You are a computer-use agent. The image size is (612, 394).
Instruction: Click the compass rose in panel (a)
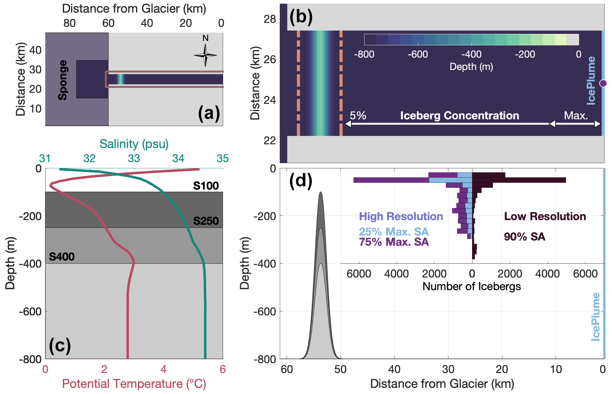point(205,55)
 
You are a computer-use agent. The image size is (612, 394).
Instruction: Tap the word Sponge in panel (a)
point(63,80)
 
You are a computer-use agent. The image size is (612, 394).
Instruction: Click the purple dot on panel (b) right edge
point(603,83)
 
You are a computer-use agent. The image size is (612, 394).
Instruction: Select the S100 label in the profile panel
point(206,186)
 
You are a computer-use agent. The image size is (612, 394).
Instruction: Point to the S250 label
point(206,221)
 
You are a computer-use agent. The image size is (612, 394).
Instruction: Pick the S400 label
point(62,257)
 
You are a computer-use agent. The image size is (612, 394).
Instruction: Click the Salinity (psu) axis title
point(134,144)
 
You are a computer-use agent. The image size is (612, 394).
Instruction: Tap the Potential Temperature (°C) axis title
point(134,384)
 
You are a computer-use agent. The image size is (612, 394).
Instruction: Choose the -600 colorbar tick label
point(418,54)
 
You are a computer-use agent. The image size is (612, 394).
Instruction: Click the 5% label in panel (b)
point(358,116)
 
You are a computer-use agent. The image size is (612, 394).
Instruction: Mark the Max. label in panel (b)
point(576,116)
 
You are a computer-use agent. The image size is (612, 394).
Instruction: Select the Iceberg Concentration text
point(459,116)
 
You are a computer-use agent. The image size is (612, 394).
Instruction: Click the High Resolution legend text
point(401,216)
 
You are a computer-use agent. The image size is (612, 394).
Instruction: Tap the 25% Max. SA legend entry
point(394,232)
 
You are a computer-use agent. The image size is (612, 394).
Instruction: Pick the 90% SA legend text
point(524,237)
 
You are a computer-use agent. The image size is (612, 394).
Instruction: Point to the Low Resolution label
point(545,216)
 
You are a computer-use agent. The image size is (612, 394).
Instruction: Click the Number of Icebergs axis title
point(471,286)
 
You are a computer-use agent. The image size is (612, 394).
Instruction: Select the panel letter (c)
point(60,345)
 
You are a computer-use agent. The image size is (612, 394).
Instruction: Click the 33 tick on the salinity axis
point(134,158)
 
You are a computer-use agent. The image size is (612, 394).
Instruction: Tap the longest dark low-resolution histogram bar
point(519,180)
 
